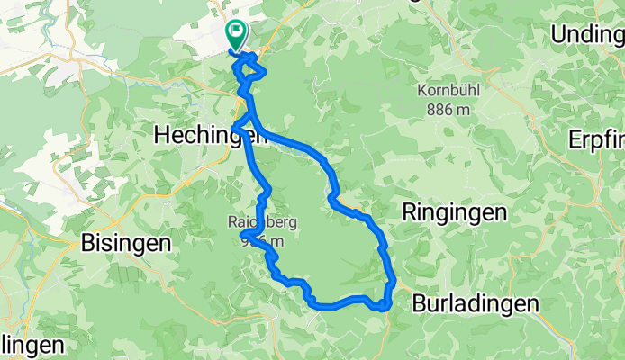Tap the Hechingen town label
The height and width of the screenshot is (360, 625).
(211, 135)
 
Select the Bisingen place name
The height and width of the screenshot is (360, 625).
(126, 243)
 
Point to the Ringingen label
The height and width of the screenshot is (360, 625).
(454, 213)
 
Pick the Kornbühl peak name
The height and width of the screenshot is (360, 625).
(448, 91)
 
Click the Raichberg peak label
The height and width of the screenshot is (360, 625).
(263, 222)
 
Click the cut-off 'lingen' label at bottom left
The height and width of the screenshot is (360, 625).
(32, 346)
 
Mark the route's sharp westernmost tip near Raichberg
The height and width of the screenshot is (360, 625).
(242, 235)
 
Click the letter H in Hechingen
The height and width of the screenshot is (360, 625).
(163, 135)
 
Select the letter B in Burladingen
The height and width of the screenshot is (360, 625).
(420, 304)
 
